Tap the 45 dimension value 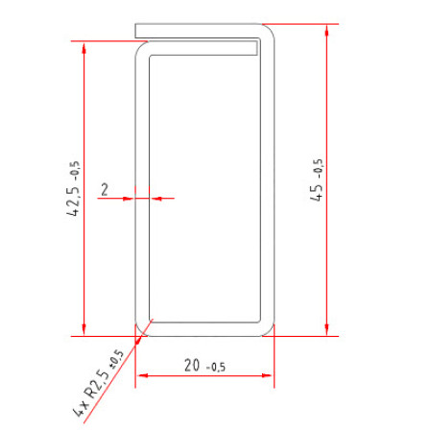pos(317,192)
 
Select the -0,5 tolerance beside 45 pos(319,170)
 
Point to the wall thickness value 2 pos(105,189)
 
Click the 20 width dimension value pos(192,365)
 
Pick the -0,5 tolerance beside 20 pos(216,367)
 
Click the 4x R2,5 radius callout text pos(91,393)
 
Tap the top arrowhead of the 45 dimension pos(326,30)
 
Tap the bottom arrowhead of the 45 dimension pos(326,330)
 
